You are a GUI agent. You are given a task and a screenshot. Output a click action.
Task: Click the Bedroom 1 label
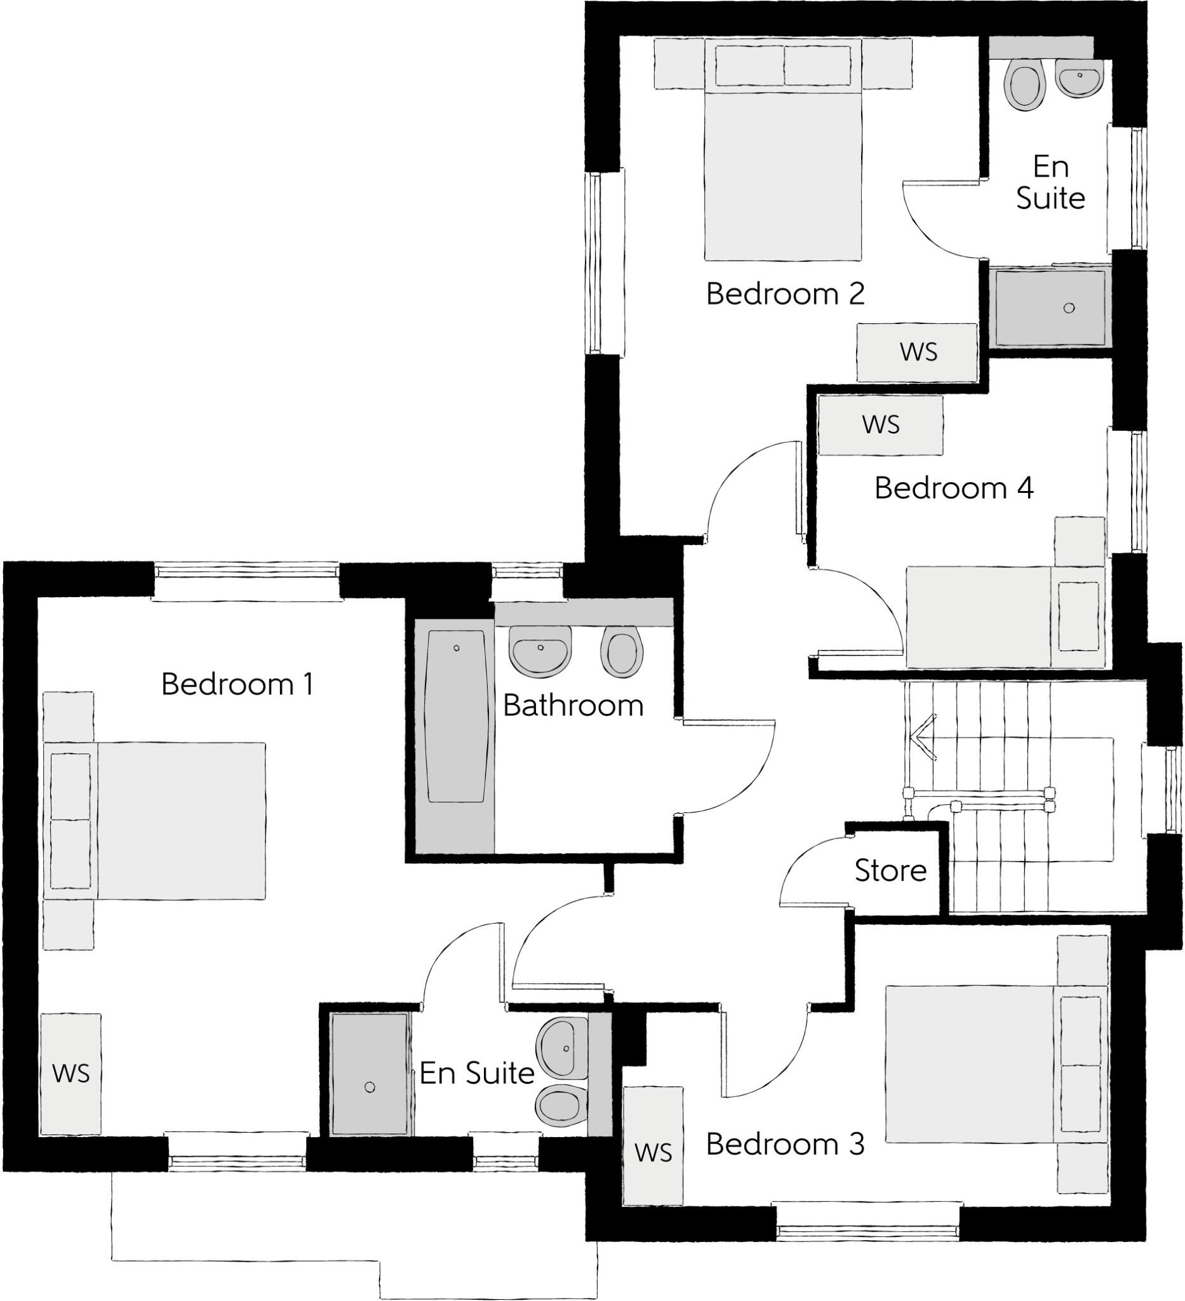(238, 685)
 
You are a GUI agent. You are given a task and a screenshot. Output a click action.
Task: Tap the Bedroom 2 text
(784, 294)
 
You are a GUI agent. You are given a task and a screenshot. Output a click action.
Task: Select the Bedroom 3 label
(784, 1144)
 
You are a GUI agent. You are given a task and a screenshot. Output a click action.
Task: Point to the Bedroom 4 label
(953, 489)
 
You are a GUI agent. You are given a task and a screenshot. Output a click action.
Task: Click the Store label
(890, 871)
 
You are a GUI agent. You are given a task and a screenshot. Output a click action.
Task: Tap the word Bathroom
(573, 706)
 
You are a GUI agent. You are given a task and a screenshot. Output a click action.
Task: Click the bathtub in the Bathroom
(455, 717)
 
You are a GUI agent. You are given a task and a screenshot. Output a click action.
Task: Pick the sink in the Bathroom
(540, 650)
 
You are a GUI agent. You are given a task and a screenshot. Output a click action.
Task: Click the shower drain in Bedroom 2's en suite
(1069, 308)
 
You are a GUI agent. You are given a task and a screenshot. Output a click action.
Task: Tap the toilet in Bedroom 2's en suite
(1026, 85)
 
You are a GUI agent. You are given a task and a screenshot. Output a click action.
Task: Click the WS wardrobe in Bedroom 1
(71, 1074)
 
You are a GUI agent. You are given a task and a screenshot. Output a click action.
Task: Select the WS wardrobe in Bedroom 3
(653, 1145)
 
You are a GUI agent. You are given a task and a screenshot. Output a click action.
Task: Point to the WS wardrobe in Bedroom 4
(881, 425)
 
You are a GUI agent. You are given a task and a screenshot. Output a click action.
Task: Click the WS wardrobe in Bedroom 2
(918, 353)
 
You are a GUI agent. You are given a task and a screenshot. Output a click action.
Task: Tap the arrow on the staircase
(923, 735)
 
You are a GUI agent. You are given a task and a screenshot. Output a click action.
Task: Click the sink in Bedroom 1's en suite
(563, 1049)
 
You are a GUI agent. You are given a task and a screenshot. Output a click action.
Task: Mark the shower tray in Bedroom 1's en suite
(370, 1074)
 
